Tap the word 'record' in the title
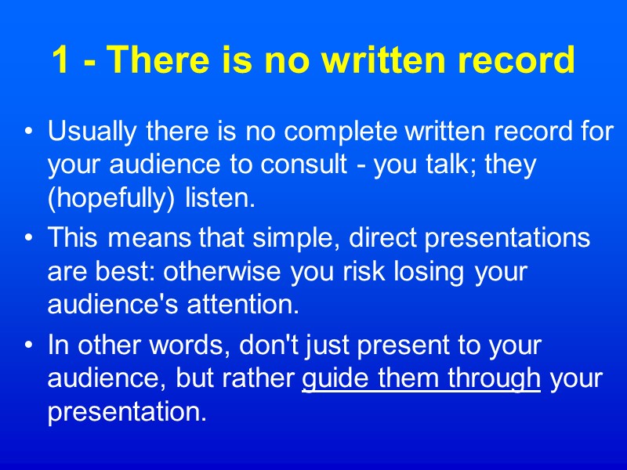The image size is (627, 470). click(521, 60)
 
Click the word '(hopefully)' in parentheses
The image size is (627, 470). click(113, 198)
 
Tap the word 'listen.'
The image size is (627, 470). click(220, 198)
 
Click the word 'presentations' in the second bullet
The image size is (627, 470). click(509, 238)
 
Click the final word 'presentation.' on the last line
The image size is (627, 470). click(127, 411)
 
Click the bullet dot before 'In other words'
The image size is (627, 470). click(29, 345)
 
